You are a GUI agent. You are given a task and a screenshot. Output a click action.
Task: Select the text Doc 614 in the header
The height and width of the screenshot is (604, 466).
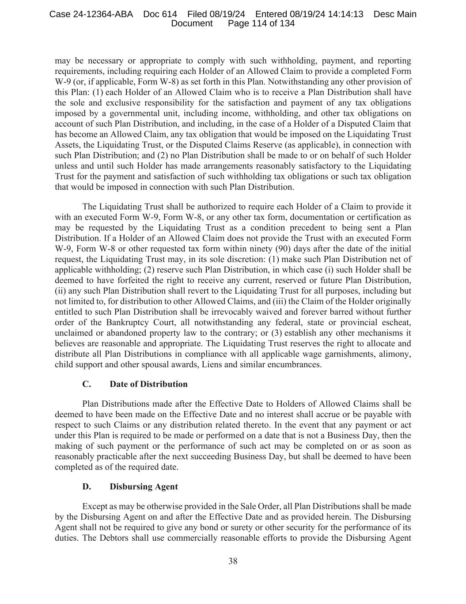(160, 14)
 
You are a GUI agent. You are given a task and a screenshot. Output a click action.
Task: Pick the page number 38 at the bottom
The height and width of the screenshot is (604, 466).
(233, 561)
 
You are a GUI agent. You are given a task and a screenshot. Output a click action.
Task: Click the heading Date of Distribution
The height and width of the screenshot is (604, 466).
(148, 384)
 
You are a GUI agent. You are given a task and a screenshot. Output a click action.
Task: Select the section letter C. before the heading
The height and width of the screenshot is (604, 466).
(87, 384)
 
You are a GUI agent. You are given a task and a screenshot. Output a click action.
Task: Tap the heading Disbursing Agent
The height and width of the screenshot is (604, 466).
(144, 487)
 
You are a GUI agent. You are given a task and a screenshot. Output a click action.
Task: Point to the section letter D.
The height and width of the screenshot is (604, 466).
(87, 487)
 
